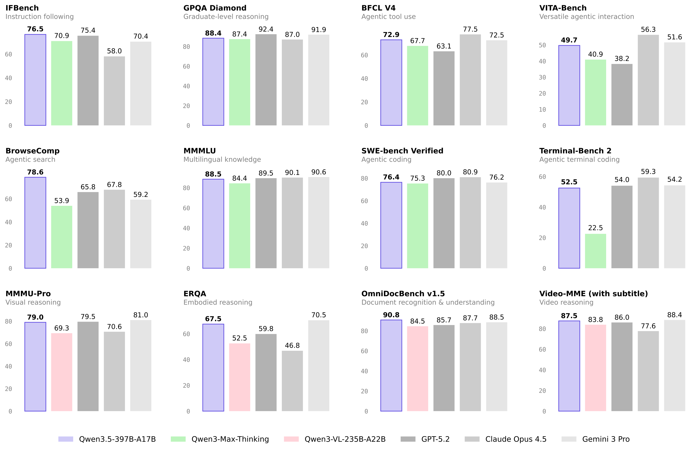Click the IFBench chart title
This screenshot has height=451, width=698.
tap(22, 8)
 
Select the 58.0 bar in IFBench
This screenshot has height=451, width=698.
tap(114, 91)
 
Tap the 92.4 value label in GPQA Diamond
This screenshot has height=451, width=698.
tap(266, 29)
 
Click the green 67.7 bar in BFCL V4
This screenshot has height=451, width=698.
tap(417, 86)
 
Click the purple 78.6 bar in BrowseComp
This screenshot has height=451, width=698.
tap(35, 223)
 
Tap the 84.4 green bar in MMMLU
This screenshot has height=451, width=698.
tap(239, 226)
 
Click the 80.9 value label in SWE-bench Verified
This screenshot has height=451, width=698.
tap(470, 172)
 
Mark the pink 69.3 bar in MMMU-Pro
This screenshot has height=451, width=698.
tap(62, 372)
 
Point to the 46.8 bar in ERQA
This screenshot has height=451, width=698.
tap(292, 381)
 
